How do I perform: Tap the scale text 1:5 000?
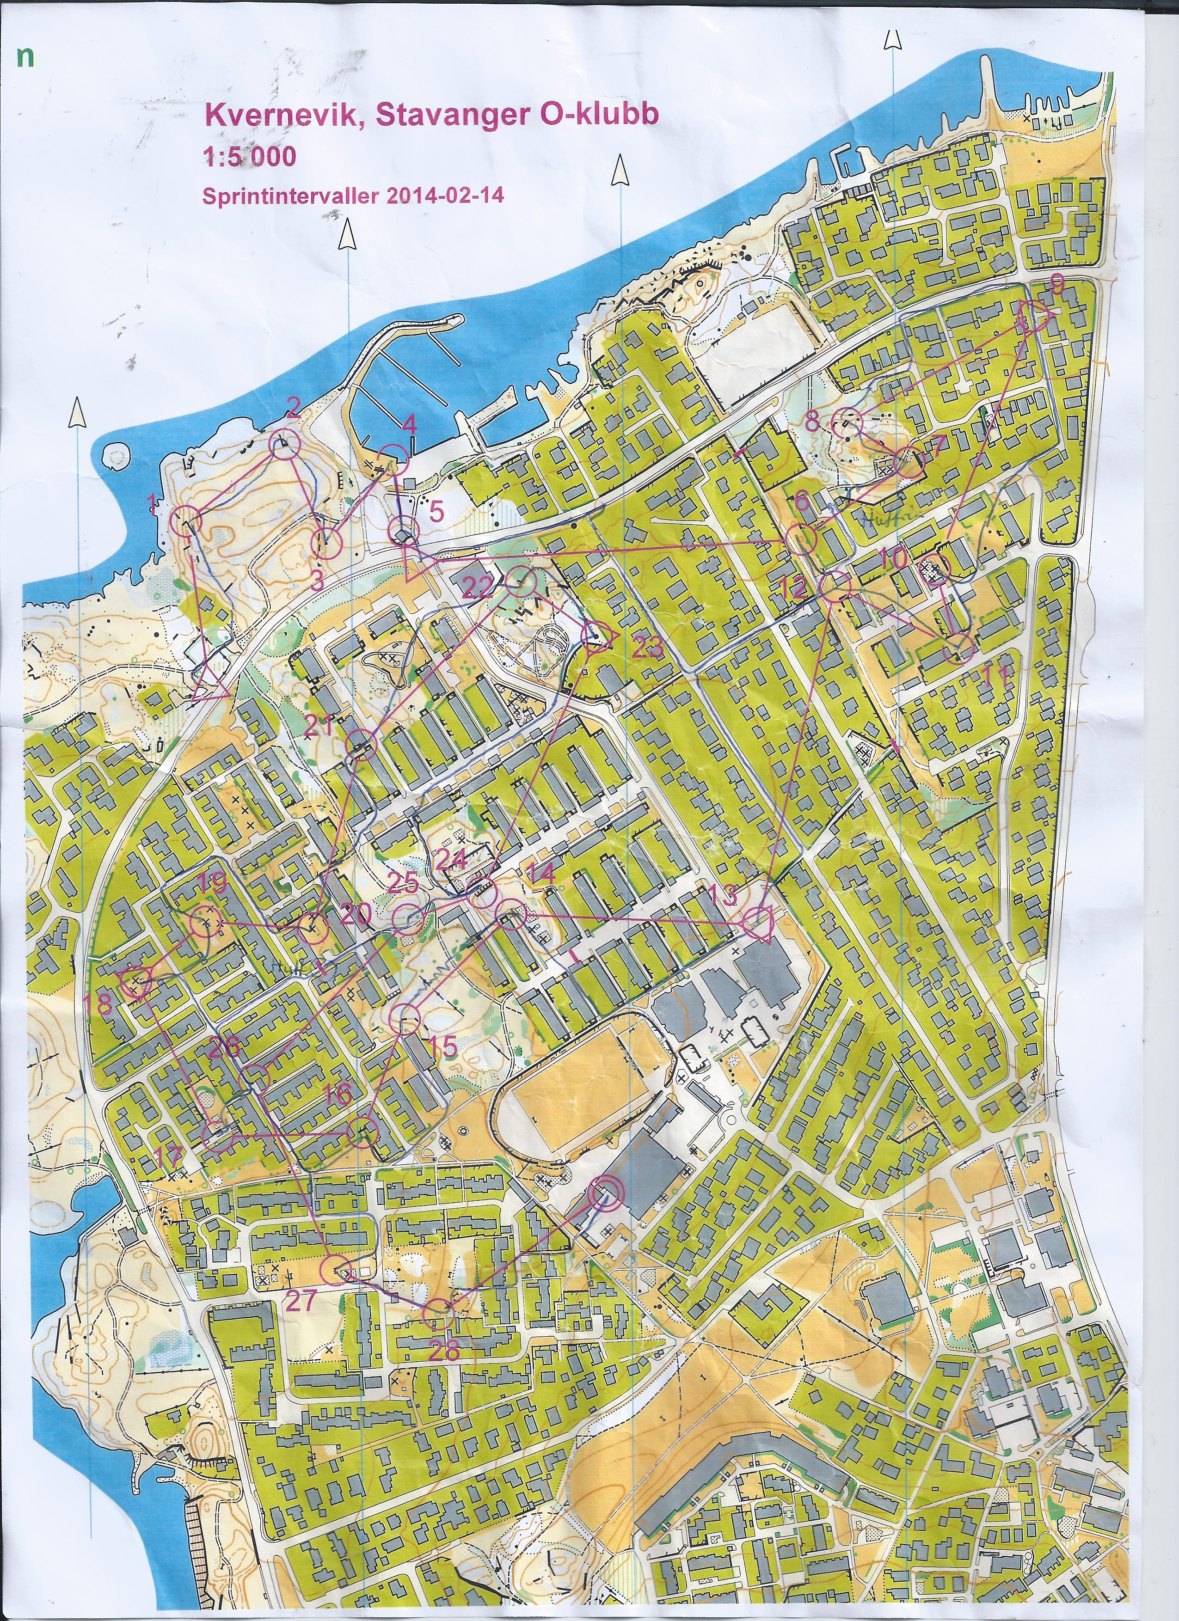coord(250,156)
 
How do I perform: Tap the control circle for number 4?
coord(393,458)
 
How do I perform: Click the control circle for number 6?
coord(802,538)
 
